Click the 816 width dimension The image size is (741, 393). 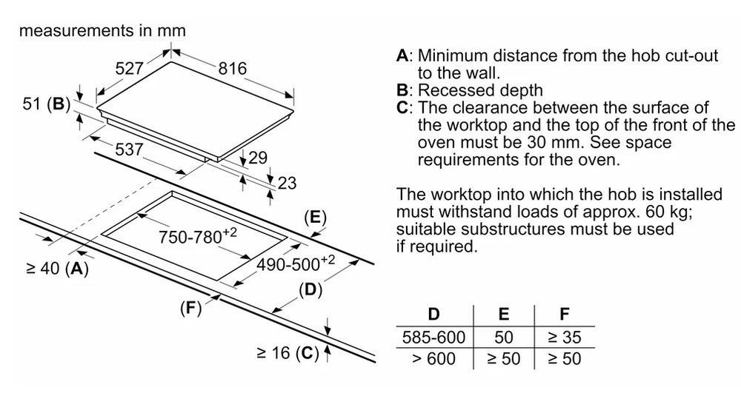[232, 69]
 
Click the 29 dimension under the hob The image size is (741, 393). [259, 158]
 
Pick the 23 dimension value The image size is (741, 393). [287, 184]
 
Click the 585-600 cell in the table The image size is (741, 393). [434, 338]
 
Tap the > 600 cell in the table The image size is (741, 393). [434, 359]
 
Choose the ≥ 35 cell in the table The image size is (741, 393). [564, 338]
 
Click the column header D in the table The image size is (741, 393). [434, 316]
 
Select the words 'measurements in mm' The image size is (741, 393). [102, 31]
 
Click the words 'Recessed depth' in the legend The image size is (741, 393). [479, 90]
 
